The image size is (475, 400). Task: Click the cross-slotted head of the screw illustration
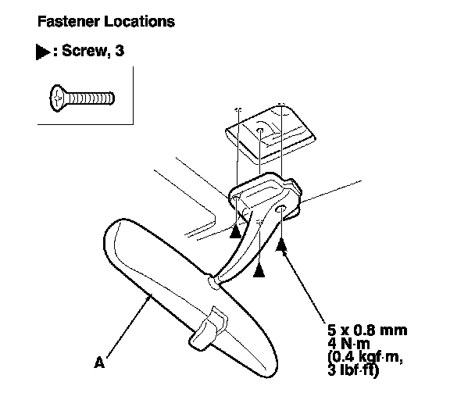59,98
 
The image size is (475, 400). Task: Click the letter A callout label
98,362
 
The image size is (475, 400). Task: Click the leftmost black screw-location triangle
235,231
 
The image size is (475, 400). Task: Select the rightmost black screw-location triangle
282,245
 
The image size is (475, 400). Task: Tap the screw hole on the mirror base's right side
280,212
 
